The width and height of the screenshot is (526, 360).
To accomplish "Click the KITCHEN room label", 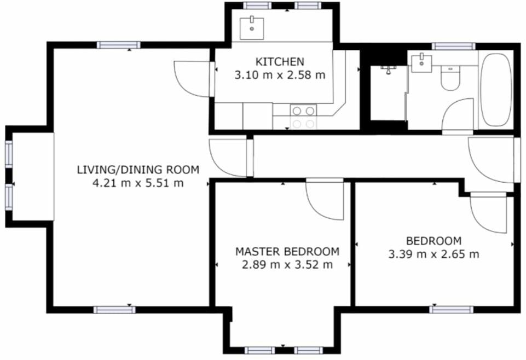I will (280, 62).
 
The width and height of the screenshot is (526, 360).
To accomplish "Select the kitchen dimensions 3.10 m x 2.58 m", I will (280, 75).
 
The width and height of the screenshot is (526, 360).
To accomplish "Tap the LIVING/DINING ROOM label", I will (138, 169).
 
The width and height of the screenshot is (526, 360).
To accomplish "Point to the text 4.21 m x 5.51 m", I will (138, 183).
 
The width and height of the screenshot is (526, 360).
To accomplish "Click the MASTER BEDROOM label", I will (287, 252).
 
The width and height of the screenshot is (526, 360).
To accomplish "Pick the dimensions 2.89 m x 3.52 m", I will (287, 265).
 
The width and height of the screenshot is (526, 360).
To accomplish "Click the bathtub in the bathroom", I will (496, 90).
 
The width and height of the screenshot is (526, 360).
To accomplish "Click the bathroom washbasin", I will (421, 62).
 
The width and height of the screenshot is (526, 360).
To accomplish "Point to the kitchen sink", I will (252, 26).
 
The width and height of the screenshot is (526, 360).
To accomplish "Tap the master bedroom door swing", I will (324, 200).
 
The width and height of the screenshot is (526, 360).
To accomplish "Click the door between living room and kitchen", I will (193, 79).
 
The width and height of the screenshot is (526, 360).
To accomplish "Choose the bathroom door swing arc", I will (458, 115).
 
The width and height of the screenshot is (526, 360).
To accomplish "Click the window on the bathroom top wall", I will (453, 47).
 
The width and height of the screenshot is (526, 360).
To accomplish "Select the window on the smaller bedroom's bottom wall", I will (451, 310).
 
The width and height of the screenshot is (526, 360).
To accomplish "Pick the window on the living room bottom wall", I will (114, 310).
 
